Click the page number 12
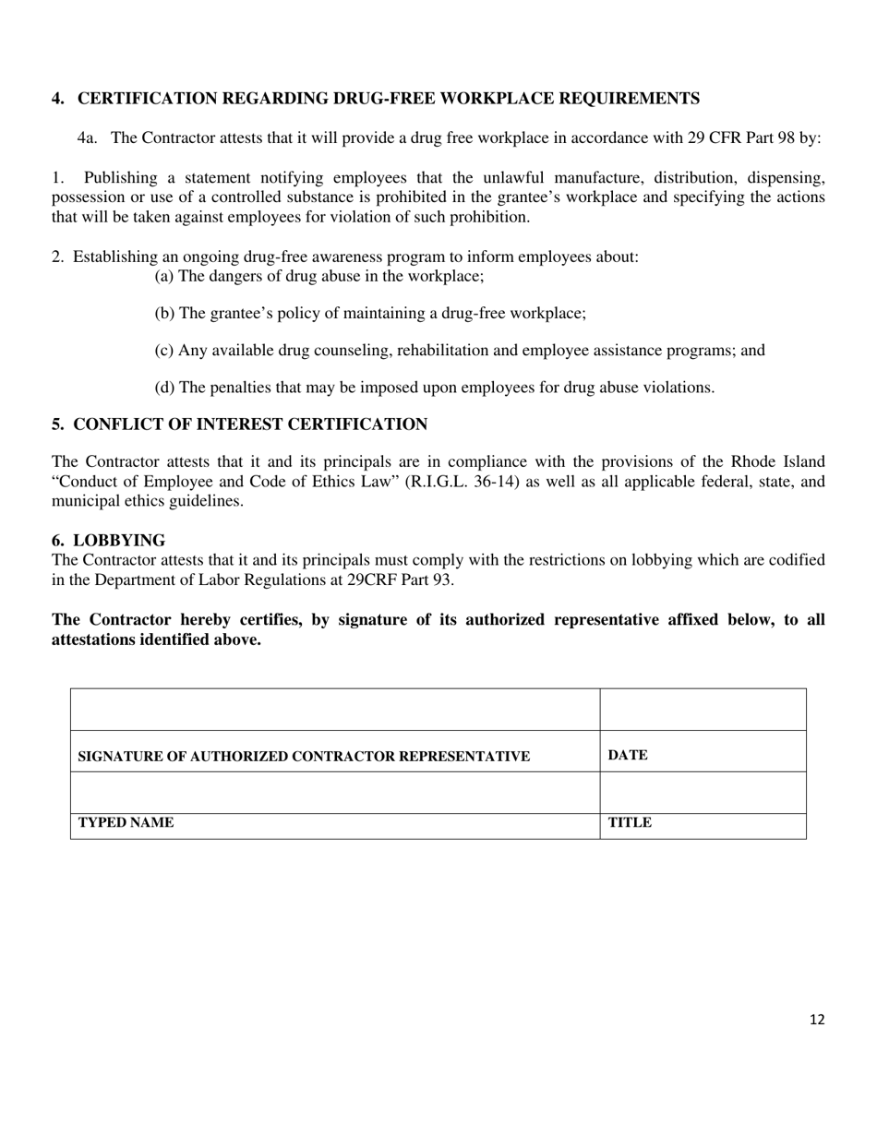point(816,1020)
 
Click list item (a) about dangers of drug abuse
point(318,276)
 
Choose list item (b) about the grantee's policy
point(369,314)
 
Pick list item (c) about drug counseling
point(459,351)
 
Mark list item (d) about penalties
point(434,388)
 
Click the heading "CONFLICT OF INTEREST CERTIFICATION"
point(250,424)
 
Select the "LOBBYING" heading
point(119,541)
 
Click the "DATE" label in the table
point(628,755)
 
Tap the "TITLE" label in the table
point(630,822)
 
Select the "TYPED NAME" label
point(126,822)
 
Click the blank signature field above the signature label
point(335,710)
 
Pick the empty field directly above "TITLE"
point(703,793)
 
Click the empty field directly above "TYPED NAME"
point(335,793)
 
